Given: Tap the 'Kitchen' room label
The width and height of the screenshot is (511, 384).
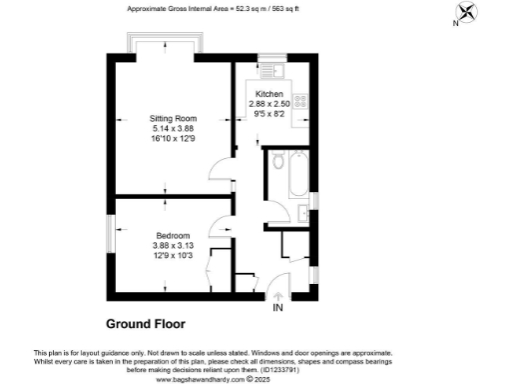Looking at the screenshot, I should click(268, 94).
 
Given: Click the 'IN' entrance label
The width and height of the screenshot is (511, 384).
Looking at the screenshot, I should click(277, 307).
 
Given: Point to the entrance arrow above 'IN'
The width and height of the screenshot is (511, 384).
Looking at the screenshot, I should click(277, 294).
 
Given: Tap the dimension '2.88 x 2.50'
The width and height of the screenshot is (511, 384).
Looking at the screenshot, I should click(268, 103).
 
